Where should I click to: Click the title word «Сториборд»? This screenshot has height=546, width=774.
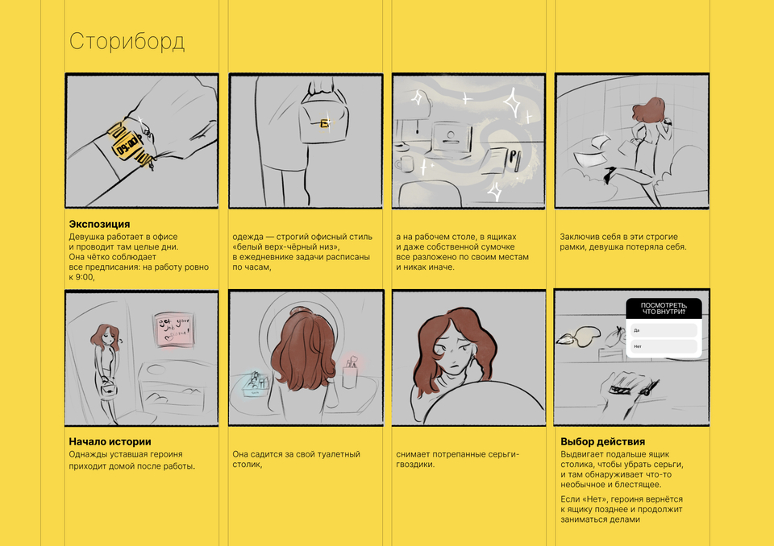(127, 41)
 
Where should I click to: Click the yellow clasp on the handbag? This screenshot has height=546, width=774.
(325, 123)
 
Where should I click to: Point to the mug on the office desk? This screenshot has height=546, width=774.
(405, 163)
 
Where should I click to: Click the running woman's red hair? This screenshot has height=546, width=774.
(648, 111)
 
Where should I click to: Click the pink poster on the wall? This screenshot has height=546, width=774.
(173, 329)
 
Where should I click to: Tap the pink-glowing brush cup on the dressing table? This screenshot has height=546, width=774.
(352, 374)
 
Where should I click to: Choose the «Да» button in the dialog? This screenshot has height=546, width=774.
(664, 330)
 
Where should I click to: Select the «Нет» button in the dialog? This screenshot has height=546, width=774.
(664, 346)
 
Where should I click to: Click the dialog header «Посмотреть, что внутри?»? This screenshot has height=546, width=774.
(664, 308)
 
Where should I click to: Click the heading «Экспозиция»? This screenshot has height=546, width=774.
(99, 224)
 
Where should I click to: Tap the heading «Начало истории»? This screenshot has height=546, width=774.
(110, 441)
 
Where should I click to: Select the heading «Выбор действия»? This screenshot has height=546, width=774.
(603, 441)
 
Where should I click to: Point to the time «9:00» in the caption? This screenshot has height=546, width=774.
(85, 277)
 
